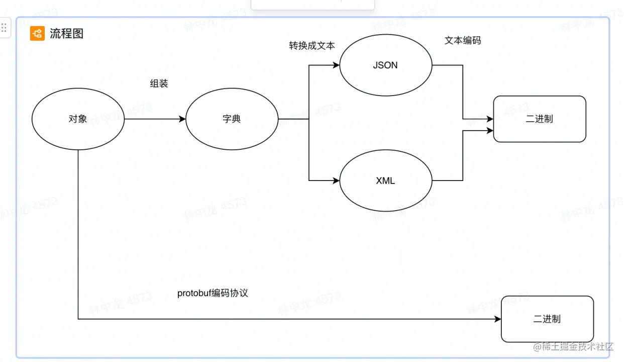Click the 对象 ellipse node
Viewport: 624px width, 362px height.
pyautogui.click(x=78, y=119)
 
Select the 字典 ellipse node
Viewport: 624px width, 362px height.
pyautogui.click(x=232, y=119)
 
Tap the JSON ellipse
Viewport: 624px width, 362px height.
pyautogui.click(x=385, y=65)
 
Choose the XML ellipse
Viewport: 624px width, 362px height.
pyautogui.click(x=385, y=180)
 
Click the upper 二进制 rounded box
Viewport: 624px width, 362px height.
pyautogui.click(x=540, y=119)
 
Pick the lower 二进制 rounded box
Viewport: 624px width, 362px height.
pyautogui.click(x=547, y=319)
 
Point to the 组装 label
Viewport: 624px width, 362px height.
pyautogui.click(x=159, y=84)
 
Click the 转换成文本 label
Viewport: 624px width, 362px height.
pyautogui.click(x=311, y=46)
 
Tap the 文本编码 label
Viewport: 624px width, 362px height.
pyautogui.click(x=462, y=41)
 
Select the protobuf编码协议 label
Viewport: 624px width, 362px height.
pyautogui.click(x=213, y=293)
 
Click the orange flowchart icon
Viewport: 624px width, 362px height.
pyautogui.click(x=37, y=34)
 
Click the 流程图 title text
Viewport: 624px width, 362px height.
pyautogui.click(x=66, y=34)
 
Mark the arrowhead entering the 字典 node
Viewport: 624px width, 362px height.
pyautogui.click(x=182, y=119)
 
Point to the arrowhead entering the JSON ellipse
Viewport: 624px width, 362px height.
pyautogui.click(x=336, y=65)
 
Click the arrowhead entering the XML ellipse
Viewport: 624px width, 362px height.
pyautogui.click(x=336, y=180)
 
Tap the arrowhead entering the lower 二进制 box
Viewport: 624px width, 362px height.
pyautogui.click(x=497, y=319)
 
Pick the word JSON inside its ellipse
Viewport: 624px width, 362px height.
pyautogui.click(x=385, y=65)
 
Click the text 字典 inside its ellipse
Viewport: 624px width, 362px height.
pyautogui.click(x=232, y=119)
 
